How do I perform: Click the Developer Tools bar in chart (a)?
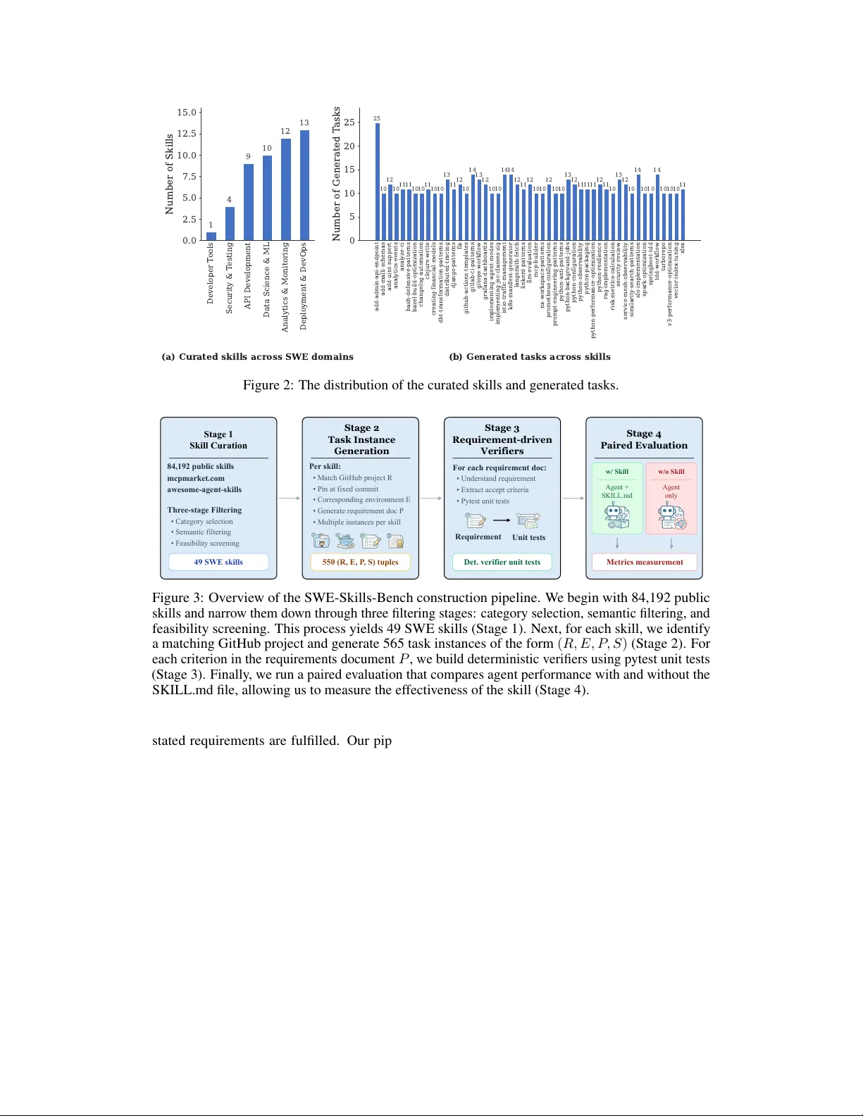pos(211,237)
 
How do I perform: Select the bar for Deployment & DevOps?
pos(304,185)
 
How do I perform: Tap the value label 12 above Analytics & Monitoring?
pos(285,131)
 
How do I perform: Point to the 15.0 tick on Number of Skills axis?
pos(187,113)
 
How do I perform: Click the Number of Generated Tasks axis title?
pos(337,174)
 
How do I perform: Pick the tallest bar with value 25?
pos(378,182)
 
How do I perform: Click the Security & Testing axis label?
pos(229,278)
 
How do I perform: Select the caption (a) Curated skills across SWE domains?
pos(257,357)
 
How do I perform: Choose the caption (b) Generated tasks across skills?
pos(530,357)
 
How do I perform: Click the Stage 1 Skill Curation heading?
pos(218,440)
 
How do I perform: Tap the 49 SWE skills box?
pos(218,562)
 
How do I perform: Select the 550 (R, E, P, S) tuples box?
pos(360,562)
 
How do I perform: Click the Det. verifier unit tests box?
pos(502,562)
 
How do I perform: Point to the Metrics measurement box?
pos(645,562)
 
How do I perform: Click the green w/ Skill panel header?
pos(617,472)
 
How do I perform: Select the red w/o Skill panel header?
pos(671,472)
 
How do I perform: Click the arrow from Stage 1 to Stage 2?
pos(290,499)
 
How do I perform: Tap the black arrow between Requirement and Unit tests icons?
pos(502,520)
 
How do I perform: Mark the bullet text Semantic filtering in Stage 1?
pos(203,532)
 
